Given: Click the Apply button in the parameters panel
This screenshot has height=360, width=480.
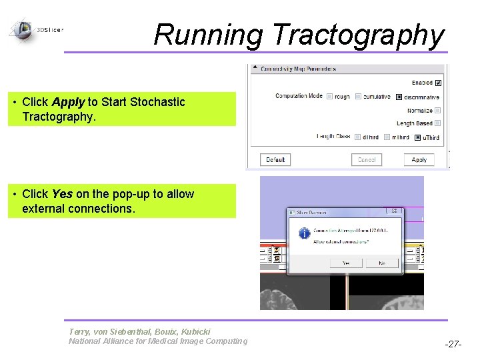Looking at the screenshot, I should (419, 160).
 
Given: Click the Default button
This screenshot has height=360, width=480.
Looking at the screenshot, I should (275, 160).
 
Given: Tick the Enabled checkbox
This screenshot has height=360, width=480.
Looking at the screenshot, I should (438, 83).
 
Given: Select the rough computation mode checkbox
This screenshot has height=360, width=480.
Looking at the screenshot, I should (330, 97).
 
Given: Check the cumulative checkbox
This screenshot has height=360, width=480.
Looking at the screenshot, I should (359, 97).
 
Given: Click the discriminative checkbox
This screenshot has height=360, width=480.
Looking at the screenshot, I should (399, 97).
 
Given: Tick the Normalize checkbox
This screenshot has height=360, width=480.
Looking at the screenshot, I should (438, 111).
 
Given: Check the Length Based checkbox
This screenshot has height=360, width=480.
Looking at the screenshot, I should (438, 123).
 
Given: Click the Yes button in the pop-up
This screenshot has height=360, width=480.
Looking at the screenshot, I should (346, 263).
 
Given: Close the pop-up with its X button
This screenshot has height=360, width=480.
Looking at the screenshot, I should (395, 212).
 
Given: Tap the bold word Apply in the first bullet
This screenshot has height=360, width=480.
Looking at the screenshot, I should (67, 102).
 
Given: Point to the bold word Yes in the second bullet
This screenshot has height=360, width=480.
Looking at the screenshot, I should (62, 194).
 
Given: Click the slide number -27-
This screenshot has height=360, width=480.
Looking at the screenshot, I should (453, 345).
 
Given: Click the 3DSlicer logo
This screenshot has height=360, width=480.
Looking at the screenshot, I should (23, 29).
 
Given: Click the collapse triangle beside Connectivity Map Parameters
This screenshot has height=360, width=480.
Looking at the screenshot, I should (255, 69).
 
